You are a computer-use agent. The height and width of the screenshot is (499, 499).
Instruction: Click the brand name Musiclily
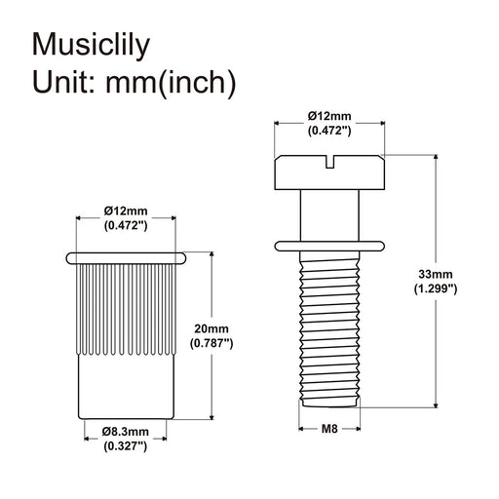(x=96, y=45)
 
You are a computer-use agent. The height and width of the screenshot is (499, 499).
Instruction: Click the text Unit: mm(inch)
(x=134, y=83)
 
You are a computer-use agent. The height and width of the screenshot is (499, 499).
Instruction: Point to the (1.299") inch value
(x=436, y=289)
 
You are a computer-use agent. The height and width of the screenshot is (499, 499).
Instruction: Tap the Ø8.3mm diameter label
(x=126, y=432)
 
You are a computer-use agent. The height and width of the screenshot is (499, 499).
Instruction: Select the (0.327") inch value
(x=126, y=445)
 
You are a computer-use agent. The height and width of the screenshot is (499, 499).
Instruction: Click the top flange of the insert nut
(x=126, y=257)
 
